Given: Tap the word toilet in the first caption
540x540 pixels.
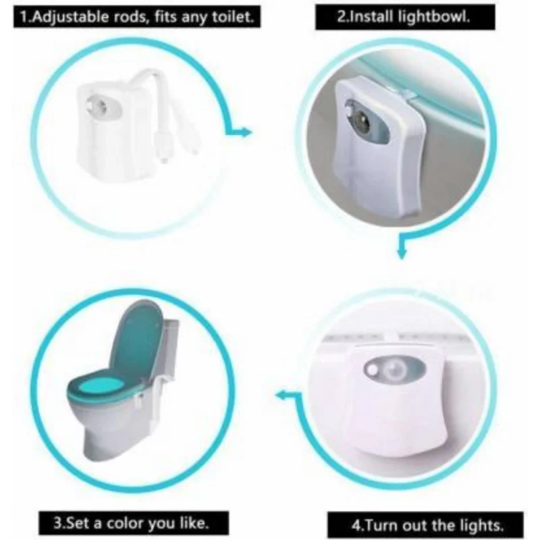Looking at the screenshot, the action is coord(232,16).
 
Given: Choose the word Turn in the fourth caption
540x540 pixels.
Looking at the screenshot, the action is coord(381,526).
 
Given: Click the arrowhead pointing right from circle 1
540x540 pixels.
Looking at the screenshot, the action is coord(245,132).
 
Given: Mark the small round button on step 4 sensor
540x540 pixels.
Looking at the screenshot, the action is coord(372,371).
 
